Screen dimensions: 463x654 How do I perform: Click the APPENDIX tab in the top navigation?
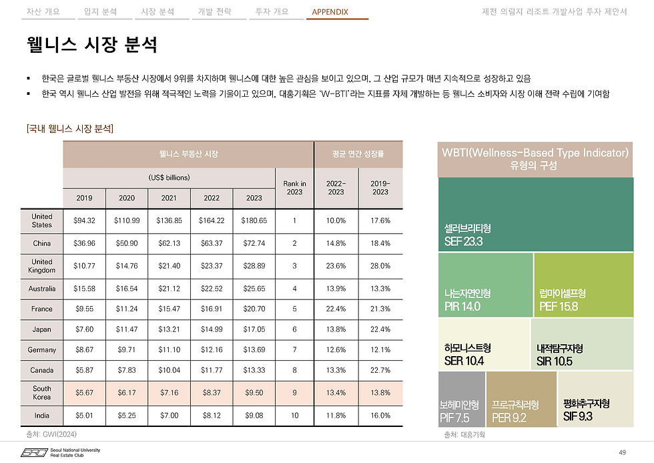point(330,12)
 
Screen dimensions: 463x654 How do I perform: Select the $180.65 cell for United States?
point(254,220)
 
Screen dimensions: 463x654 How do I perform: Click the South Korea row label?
point(42,393)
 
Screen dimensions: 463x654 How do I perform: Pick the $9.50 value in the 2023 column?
point(254,393)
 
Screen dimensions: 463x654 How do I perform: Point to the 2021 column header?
point(170,198)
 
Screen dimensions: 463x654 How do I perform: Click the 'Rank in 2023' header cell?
point(294,188)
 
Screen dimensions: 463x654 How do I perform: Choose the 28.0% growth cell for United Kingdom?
point(380,266)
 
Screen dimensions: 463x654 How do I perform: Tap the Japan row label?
point(42,329)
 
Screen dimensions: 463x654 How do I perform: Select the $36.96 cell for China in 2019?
point(84,243)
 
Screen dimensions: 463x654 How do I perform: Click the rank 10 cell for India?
point(294,416)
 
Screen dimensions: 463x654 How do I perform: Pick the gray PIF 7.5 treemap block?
point(461,400)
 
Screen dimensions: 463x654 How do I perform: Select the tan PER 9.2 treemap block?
point(521,400)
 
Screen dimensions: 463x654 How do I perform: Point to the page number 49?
point(622,453)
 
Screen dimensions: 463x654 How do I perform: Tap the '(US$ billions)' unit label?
point(170,178)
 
